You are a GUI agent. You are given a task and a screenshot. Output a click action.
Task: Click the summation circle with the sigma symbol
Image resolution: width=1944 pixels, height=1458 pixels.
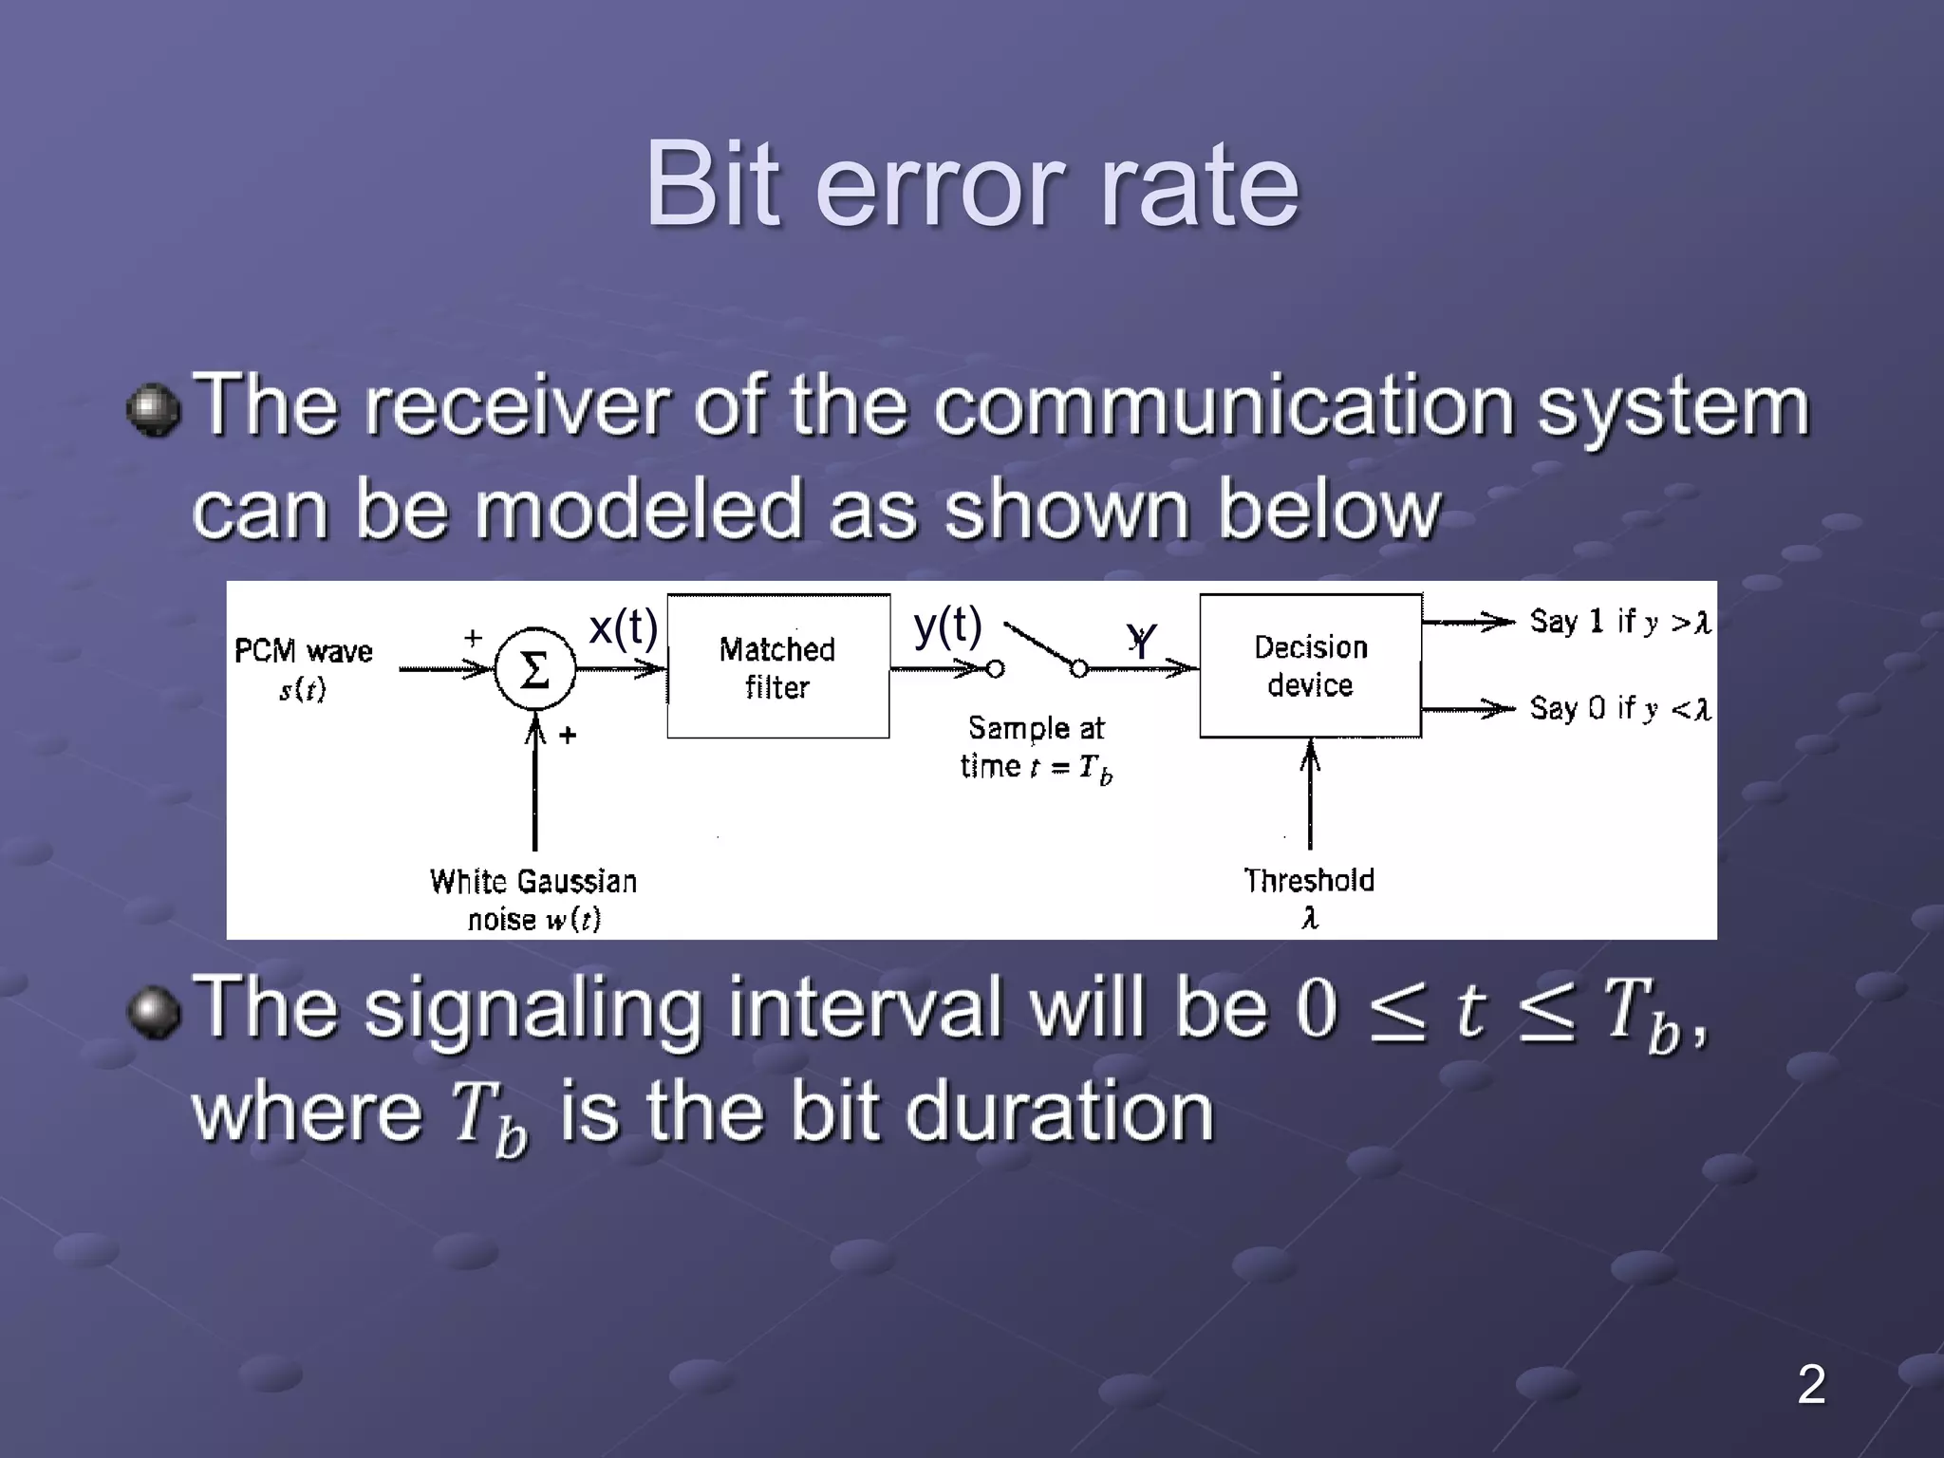coord(534,669)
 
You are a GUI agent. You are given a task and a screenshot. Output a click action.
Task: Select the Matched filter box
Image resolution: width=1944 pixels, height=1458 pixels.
coord(777,666)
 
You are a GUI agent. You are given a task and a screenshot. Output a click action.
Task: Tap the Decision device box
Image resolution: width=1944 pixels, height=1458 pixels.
coord(1310,665)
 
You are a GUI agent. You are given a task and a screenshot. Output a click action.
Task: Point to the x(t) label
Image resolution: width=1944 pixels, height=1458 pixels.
coord(623,627)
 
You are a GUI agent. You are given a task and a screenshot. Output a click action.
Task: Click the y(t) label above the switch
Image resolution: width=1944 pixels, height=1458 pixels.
coord(947,626)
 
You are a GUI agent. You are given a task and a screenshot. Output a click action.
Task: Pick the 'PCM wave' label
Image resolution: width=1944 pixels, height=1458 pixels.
coord(304,652)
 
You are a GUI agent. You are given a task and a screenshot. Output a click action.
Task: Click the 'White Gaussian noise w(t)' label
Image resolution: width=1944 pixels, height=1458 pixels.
coord(533,899)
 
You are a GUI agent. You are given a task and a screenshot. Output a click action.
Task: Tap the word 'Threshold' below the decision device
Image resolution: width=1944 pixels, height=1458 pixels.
coord(1309,881)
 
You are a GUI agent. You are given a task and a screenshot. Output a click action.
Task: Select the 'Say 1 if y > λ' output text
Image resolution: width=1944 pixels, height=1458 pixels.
coord(1619,622)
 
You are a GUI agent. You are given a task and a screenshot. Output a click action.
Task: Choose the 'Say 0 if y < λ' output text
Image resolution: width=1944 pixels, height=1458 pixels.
coord(1619,708)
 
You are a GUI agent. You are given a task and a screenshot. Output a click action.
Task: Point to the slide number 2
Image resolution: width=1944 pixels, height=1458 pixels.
coord(1810,1384)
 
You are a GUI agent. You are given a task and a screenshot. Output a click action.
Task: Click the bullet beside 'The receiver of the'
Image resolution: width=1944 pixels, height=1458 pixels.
coord(154,410)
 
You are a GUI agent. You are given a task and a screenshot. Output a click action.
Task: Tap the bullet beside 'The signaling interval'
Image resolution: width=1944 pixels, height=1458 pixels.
coord(154,1012)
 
